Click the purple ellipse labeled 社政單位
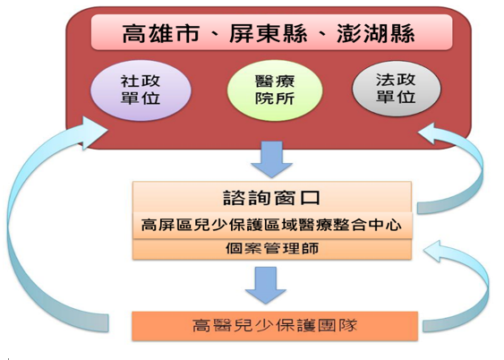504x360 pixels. click(x=141, y=90)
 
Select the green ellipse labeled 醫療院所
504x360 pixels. click(x=275, y=90)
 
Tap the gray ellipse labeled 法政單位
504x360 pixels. click(x=397, y=89)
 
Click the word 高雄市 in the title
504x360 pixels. click(x=161, y=33)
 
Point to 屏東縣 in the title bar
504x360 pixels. click(x=269, y=33)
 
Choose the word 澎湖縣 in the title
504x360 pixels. click(x=376, y=33)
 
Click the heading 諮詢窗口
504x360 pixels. click(x=272, y=198)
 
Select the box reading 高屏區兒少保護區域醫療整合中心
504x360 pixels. click(x=272, y=225)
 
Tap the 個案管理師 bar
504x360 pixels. click(x=272, y=249)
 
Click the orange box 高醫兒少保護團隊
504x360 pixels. click(x=275, y=326)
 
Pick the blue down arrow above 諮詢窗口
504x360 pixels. click(x=271, y=159)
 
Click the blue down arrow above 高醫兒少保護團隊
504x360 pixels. click(x=266, y=285)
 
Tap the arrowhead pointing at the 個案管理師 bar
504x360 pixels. click(x=436, y=252)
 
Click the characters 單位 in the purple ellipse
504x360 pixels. click(x=141, y=98)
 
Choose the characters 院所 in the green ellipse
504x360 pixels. click(x=275, y=99)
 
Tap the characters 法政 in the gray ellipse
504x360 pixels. click(x=396, y=80)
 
